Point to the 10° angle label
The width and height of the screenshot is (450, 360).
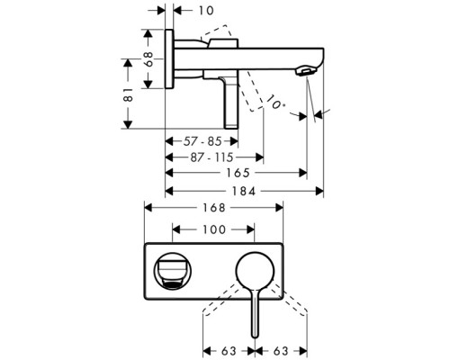pos(276,106)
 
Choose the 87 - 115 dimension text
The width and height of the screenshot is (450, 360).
pos(213,156)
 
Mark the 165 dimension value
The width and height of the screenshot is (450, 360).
pos(237,172)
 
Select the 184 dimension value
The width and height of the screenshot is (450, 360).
pos(243,190)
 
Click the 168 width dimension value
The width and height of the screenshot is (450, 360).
pos(214,207)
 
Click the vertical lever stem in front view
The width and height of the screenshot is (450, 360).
pos(256,310)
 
